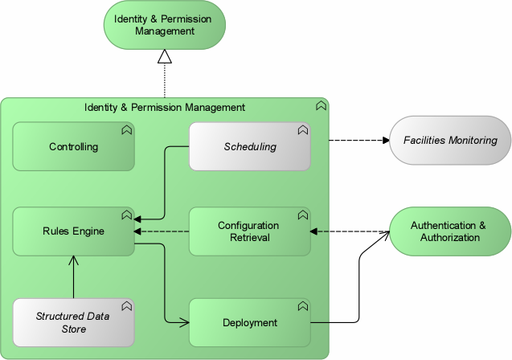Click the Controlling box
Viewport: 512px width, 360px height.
coord(73,147)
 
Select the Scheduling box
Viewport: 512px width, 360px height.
coord(249,147)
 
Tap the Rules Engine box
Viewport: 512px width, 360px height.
coord(73,231)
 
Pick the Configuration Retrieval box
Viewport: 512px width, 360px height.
coord(249,231)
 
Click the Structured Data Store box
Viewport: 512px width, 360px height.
coord(73,322)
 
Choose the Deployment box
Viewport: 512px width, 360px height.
coord(249,322)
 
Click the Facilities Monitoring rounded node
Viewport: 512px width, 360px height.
coord(450,141)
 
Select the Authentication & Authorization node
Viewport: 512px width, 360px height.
coord(450,231)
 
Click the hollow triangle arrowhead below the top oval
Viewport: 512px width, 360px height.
coord(165,55)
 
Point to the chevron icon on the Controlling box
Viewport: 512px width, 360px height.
coord(126,129)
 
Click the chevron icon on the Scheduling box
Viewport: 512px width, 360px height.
coord(302,129)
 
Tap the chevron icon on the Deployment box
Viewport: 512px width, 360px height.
coord(302,305)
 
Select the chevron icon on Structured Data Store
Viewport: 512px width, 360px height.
coord(126,305)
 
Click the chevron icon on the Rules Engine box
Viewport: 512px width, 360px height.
coord(126,215)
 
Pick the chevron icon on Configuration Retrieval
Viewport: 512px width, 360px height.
coord(302,215)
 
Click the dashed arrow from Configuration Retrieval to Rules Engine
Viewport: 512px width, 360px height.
coord(161,231)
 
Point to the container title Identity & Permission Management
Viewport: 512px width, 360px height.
coord(165,107)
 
